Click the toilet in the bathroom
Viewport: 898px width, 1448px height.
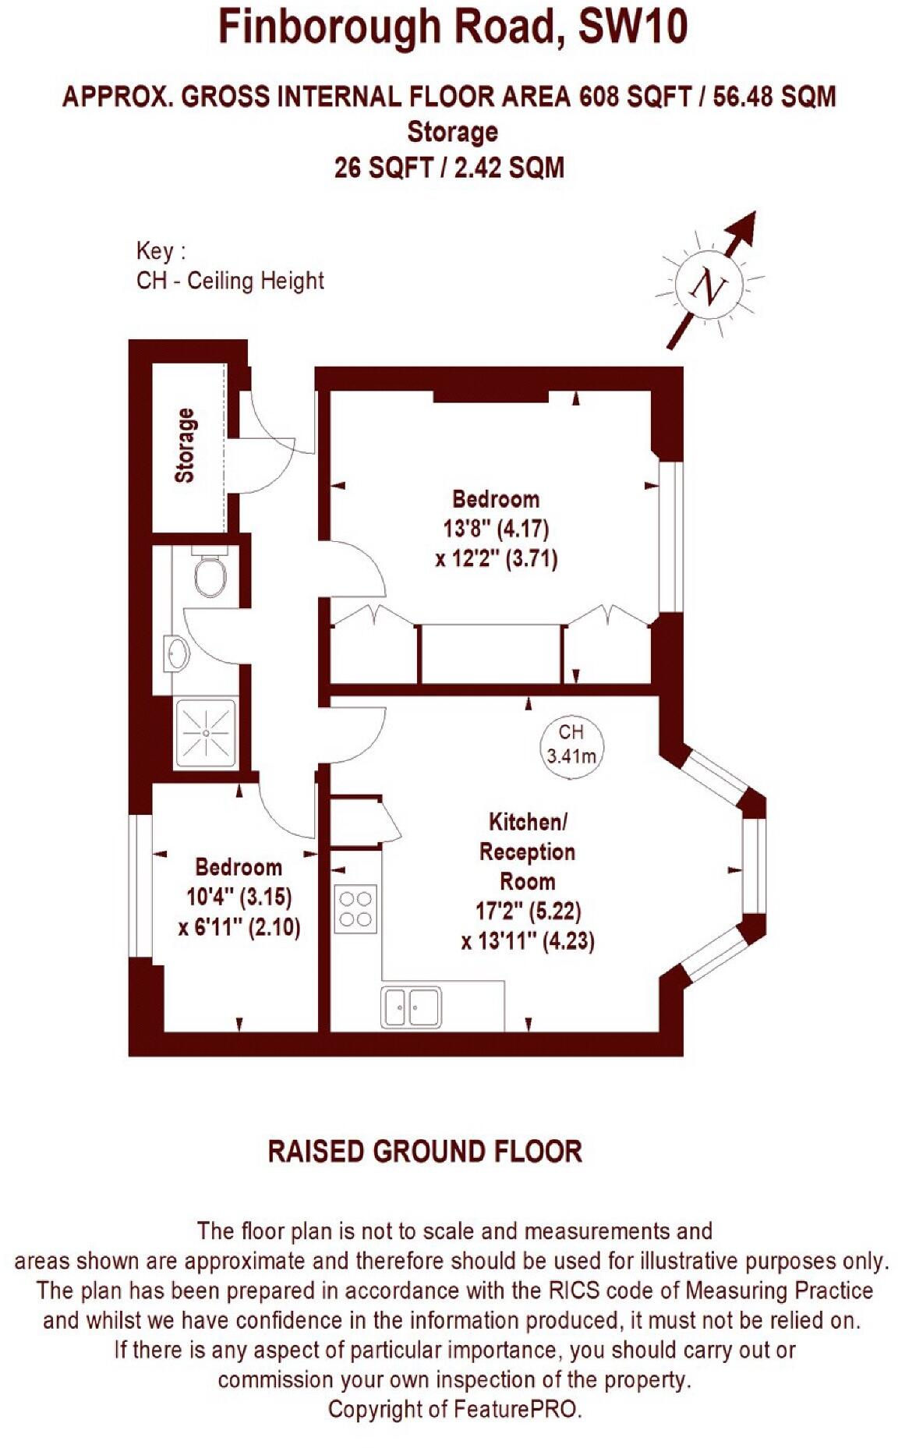209,575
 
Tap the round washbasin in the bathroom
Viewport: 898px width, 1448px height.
178,653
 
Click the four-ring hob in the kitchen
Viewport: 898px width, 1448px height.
355,908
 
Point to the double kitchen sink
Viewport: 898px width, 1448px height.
411,1007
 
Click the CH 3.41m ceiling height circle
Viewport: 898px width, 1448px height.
571,744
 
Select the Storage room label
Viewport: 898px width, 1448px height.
185,445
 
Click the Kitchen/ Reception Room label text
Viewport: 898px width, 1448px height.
528,851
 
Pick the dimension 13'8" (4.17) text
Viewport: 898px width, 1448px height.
496,529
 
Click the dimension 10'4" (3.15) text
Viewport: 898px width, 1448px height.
239,897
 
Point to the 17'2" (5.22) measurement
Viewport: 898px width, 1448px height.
528,911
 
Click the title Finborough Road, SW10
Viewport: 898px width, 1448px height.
452,29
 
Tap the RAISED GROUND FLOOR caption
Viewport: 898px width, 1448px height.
425,1152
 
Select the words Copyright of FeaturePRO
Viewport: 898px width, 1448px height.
454,1409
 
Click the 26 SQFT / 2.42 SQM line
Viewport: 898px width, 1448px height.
449,167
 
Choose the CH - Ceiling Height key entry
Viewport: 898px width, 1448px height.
230,281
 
